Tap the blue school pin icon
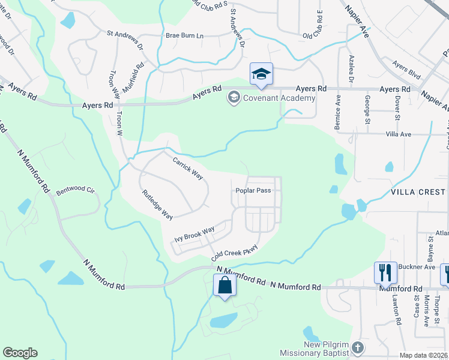(261, 74)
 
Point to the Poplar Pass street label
(253, 191)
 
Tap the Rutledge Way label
(158, 205)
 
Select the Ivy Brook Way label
(194, 234)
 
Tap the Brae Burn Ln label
(185, 36)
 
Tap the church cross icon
(357, 347)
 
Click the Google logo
(20, 353)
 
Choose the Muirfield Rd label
(133, 75)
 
